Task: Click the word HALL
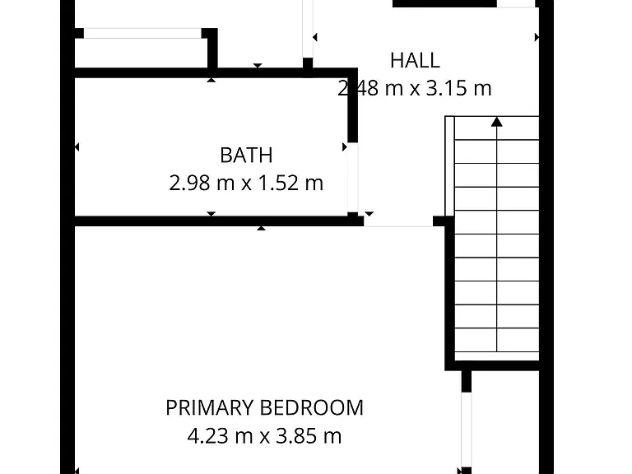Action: [415, 60]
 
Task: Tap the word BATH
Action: [246, 156]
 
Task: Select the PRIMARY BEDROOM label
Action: [264, 407]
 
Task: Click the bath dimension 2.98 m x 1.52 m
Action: [246, 183]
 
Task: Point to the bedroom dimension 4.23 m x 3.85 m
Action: [264, 435]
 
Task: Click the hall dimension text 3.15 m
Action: [459, 88]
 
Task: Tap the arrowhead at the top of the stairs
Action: [497, 122]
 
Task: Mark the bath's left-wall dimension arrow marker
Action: [77, 147]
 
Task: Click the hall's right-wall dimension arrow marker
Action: [537, 38]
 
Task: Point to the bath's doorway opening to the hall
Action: [353, 178]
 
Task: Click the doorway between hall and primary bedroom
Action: [398, 221]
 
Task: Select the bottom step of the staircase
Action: [497, 355]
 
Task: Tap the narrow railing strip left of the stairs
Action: [450, 166]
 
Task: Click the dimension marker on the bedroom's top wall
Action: [261, 229]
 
